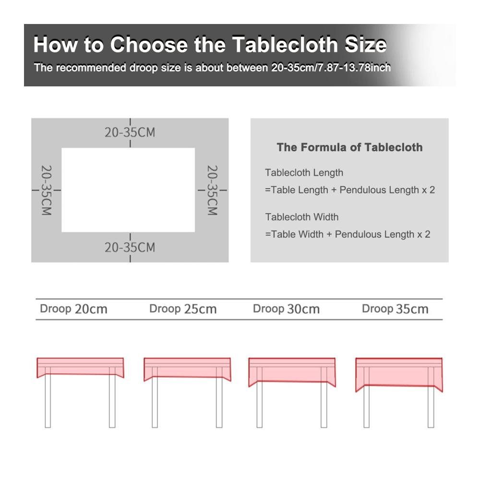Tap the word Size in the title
tap(366, 45)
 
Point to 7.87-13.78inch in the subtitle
tap(355, 67)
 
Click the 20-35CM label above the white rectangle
tap(130, 132)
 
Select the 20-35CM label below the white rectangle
tap(130, 247)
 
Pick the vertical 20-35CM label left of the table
tap(47, 190)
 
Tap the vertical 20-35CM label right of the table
tap(212, 190)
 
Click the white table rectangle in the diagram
tap(128, 190)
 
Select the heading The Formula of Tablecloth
tap(349, 147)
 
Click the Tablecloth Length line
tap(304, 173)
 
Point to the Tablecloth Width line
tap(302, 217)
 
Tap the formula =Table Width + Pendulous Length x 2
tap(348, 234)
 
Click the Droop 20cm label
tap(73, 309)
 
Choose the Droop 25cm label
tap(183, 309)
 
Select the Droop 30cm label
tap(286, 309)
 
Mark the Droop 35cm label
tap(395, 309)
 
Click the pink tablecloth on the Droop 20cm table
tap(80, 367)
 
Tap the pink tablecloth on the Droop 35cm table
tap(399, 372)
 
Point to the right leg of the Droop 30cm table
tap(324, 404)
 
